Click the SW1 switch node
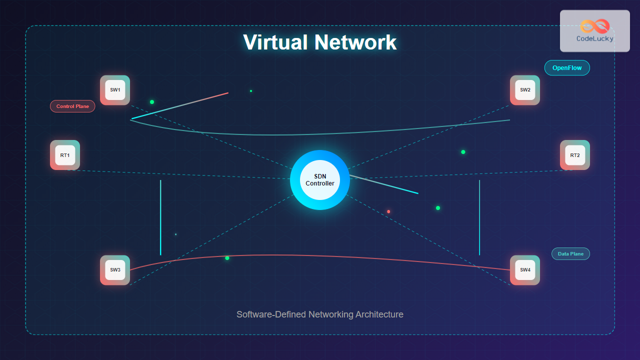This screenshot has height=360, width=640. (115, 90)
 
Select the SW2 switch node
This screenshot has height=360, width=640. (525, 90)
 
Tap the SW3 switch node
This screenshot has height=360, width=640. (115, 270)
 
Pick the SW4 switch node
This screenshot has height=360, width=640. (525, 270)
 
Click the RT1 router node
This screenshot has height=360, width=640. (65, 155)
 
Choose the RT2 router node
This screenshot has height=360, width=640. (575, 155)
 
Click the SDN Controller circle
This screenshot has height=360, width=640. (320, 180)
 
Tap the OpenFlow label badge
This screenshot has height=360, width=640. (567, 68)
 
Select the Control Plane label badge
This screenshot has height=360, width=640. (72, 106)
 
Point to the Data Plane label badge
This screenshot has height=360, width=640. (570, 254)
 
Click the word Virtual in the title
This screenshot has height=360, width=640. (275, 42)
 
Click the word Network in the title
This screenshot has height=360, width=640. (355, 42)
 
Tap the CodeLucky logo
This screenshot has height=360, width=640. (594, 30)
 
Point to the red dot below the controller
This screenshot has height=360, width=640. (388, 211)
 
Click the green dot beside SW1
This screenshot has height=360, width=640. (152, 102)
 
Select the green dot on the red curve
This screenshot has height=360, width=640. (227, 258)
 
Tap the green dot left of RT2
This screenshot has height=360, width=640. (463, 152)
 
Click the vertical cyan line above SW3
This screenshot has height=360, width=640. (160, 217)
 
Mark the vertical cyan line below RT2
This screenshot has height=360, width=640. (479, 217)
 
